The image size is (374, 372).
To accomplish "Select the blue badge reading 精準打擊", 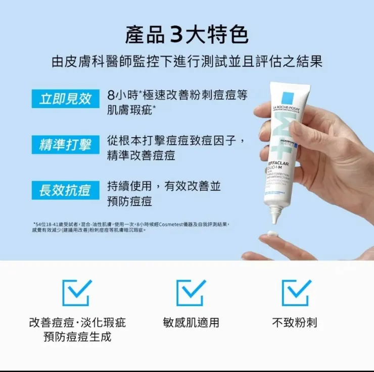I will click(x=65, y=145).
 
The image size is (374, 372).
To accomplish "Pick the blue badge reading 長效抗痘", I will click(x=65, y=191).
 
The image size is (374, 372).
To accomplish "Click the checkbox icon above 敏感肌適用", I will click(x=191, y=293).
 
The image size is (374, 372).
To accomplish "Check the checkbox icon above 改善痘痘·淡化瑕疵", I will click(x=77, y=293).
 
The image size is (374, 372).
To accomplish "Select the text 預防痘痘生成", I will click(x=77, y=337).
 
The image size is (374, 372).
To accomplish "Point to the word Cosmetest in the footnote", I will click(x=174, y=224).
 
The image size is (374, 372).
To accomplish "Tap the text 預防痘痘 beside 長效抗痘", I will click(x=129, y=202).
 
